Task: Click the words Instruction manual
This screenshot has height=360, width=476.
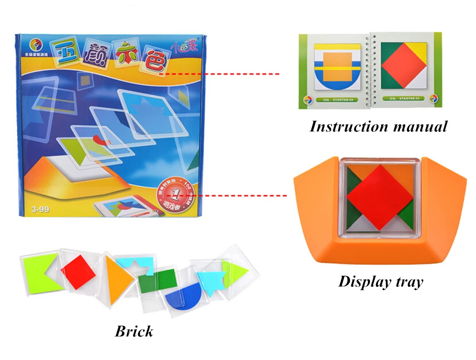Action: tap(378, 126)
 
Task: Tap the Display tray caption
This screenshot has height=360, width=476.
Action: tap(380, 282)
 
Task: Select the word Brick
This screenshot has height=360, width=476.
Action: tap(134, 331)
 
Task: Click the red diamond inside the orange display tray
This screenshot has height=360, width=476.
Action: tap(379, 190)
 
